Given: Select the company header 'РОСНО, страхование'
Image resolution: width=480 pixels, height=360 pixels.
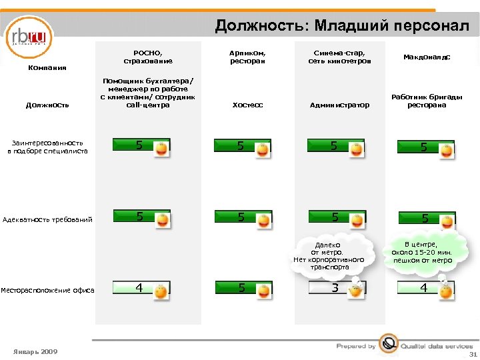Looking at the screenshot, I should click(148, 57).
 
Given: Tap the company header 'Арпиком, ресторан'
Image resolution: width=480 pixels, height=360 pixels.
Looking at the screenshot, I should click(247, 57).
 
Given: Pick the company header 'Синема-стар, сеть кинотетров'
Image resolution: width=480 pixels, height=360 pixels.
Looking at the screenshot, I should click(339, 57).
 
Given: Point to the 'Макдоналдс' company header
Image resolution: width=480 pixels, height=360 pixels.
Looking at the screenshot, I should click(427, 57).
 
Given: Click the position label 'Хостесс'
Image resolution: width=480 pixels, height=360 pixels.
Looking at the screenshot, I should click(247, 105).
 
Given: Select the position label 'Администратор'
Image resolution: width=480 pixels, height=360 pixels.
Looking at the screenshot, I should click(339, 105).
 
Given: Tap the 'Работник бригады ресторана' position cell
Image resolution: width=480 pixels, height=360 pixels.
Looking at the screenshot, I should click(427, 101).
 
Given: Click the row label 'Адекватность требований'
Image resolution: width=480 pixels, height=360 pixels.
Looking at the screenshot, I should click(48, 219).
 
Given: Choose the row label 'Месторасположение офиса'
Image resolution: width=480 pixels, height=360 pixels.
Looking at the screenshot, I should click(47, 289).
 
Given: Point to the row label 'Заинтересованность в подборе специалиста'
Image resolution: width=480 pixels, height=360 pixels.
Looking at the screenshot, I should click(47, 147).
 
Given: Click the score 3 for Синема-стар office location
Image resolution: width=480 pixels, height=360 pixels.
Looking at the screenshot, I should click(335, 288).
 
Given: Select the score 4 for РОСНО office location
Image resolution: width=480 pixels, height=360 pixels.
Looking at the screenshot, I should click(139, 288).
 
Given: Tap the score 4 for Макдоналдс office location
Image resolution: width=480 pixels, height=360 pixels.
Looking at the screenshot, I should click(423, 288).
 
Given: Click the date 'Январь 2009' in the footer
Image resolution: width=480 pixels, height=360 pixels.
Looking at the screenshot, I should click(35, 351).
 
